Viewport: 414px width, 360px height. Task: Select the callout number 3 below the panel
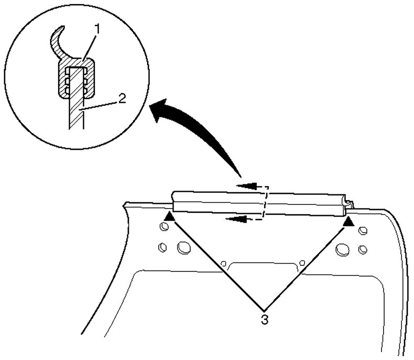[x=265, y=319]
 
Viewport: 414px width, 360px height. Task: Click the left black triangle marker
[x=169, y=216]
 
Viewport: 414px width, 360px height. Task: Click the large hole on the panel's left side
[x=183, y=246]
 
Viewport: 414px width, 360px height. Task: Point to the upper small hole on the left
[x=164, y=226]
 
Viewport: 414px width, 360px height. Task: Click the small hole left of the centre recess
[x=224, y=264]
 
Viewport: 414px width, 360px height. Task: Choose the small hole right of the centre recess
[x=301, y=263]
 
